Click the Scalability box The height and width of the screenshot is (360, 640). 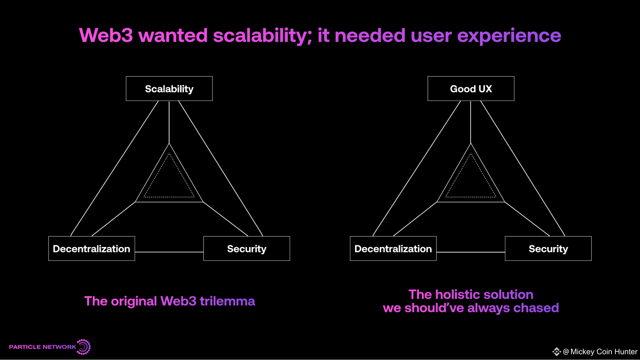click(x=169, y=89)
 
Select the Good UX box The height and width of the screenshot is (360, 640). click(x=471, y=89)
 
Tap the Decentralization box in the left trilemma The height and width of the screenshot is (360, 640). click(x=92, y=249)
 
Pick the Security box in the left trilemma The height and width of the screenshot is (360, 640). click(x=247, y=249)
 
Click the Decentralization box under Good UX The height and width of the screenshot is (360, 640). click(x=393, y=249)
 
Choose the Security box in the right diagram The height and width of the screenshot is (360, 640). click(x=548, y=249)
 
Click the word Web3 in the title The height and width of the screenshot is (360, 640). click(x=106, y=35)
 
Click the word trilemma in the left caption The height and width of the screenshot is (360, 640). click(x=227, y=301)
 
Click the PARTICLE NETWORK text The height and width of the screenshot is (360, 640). click(x=43, y=347)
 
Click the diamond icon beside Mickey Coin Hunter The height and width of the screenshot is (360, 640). click(x=556, y=352)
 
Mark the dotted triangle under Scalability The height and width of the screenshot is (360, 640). click(x=169, y=197)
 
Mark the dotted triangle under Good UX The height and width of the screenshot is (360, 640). click(x=471, y=197)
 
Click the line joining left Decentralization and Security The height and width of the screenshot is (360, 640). click(x=169, y=252)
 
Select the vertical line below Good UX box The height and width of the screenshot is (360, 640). click(x=471, y=122)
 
